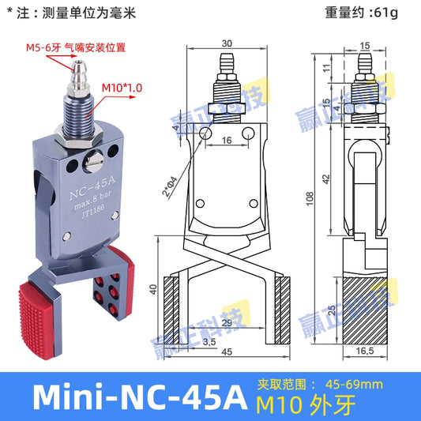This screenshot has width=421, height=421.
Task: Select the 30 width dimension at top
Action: [x=227, y=43]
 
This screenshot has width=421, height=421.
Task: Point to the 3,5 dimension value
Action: [x=186, y=344]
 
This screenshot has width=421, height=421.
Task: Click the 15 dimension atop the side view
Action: [x=365, y=43]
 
